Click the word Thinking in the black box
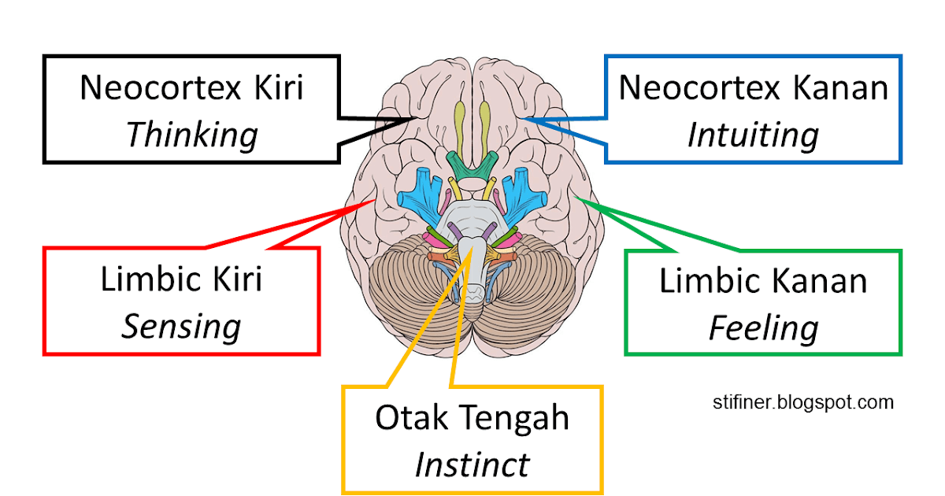(x=191, y=135)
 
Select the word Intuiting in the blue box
(x=752, y=135)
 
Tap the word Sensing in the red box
(x=180, y=326)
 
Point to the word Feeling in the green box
(x=762, y=328)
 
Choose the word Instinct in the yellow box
(x=472, y=465)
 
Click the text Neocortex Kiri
(x=191, y=87)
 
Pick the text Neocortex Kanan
(x=753, y=87)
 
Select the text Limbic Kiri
(x=181, y=279)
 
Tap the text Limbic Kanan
(x=762, y=280)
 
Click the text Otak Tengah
(x=472, y=417)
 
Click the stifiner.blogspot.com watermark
(x=801, y=402)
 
